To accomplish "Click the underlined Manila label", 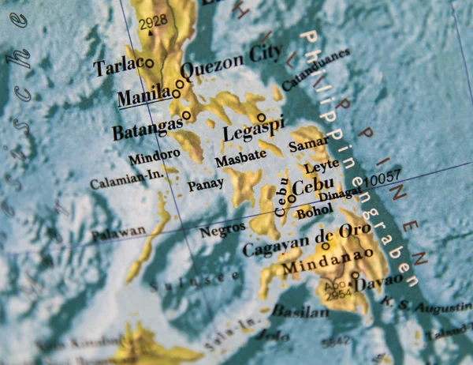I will (144, 96).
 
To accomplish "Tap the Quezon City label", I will (231, 59).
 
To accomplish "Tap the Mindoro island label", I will (154, 156).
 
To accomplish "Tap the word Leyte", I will (321, 166).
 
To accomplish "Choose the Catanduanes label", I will (314, 69).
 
